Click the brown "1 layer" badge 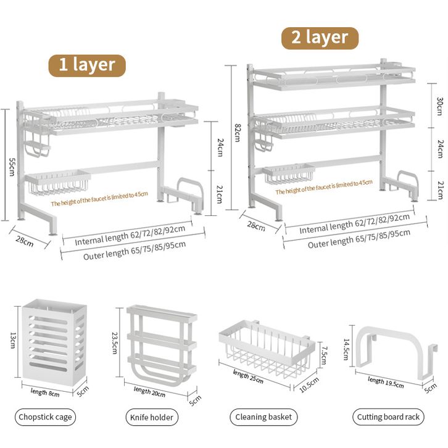pos(87,65)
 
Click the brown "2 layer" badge pos(320,37)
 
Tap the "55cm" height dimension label pos(11,165)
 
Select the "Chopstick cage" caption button pos(46,417)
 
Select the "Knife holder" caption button pos(151,417)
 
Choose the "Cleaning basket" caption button pos(263,417)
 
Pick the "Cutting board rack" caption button pos(389,417)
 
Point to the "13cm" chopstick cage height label pos(13,339)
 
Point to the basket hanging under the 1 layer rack pos(57,182)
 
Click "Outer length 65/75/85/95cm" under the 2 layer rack pos(358,238)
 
